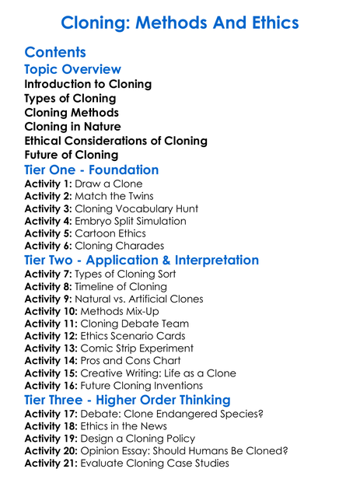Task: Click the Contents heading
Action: [54, 52]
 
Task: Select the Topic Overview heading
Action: [73, 69]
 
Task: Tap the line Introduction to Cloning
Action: [88, 84]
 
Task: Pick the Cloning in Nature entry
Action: [72, 126]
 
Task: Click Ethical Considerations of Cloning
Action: [116, 141]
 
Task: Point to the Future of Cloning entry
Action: [71, 155]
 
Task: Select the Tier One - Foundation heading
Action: [92, 170]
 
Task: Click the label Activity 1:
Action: [47, 184]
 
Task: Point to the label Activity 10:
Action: [51, 311]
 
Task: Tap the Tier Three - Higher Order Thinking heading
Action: [128, 400]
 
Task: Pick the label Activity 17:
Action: [51, 414]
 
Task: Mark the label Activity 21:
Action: [51, 464]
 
